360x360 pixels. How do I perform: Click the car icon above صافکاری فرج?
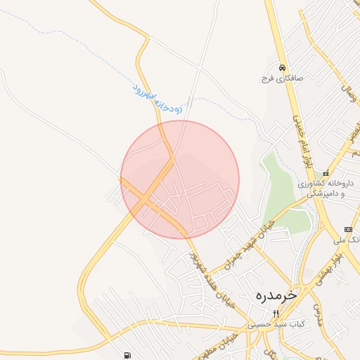pos(281,67)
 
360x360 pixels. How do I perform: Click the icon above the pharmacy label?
pos(326,173)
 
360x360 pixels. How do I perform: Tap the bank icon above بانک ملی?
pos(348,229)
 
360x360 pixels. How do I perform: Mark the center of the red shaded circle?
pos(180,179)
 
